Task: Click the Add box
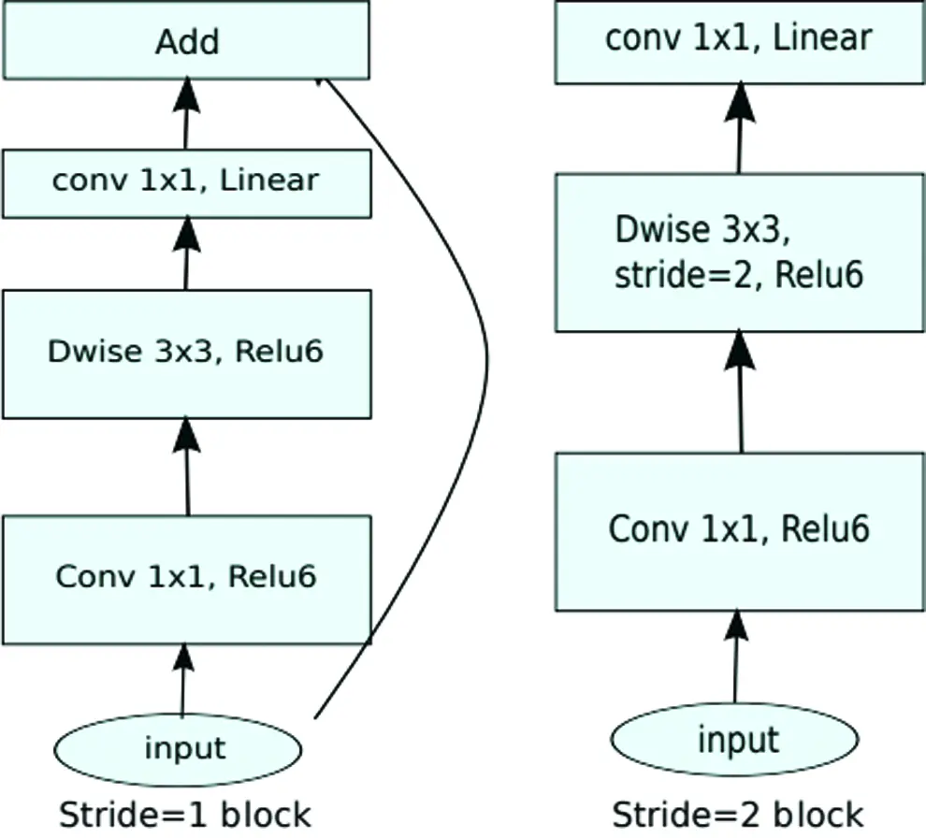pyautogui.click(x=187, y=40)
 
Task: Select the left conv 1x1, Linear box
pyautogui.click(x=187, y=183)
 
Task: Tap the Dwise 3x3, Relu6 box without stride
pyautogui.click(x=187, y=354)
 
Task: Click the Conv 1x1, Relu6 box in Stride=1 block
pyautogui.click(x=187, y=580)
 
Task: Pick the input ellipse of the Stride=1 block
pyautogui.click(x=178, y=749)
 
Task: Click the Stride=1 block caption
pyautogui.click(x=185, y=815)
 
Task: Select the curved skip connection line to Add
pyautogui.click(x=486, y=360)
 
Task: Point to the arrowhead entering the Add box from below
pyautogui.click(x=187, y=94)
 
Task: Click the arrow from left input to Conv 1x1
pyautogui.click(x=183, y=680)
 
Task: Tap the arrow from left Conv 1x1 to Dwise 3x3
pyautogui.click(x=187, y=467)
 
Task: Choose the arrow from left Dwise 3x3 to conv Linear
pyautogui.click(x=187, y=253)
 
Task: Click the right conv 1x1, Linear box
pyautogui.click(x=739, y=41)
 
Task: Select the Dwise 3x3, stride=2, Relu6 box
pyautogui.click(x=739, y=253)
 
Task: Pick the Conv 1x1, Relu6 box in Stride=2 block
pyautogui.click(x=739, y=531)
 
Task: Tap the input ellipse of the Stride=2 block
pyautogui.click(x=734, y=739)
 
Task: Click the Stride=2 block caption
pyautogui.click(x=738, y=815)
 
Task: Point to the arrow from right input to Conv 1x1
pyautogui.click(x=736, y=657)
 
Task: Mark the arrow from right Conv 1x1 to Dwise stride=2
pyautogui.click(x=740, y=392)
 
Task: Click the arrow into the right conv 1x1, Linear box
pyautogui.click(x=739, y=128)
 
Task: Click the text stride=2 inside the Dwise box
pyautogui.click(x=684, y=275)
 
